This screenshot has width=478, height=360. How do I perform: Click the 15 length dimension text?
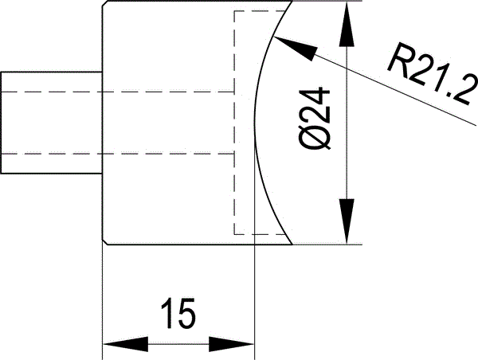click(178, 315)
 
